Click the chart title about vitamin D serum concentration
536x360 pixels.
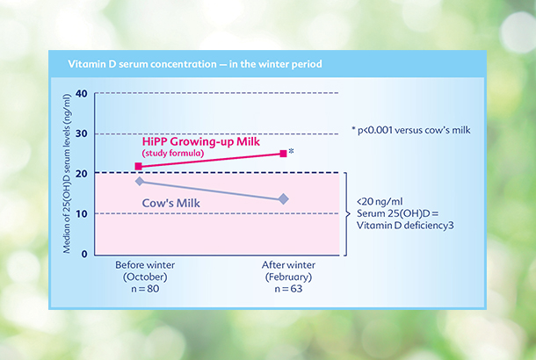195,64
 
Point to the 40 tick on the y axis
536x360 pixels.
82,93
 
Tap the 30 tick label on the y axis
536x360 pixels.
82,133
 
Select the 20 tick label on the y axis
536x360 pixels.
82,174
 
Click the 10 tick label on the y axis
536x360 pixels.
82,214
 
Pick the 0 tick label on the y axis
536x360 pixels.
84,254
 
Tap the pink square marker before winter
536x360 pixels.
139,166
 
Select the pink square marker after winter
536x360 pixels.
284,154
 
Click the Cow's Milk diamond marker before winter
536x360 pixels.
140,182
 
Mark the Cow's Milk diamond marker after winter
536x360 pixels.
284,199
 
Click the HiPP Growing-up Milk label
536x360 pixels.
201,141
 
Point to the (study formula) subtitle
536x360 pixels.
173,153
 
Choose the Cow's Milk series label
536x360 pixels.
171,203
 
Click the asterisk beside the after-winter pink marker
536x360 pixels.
291,151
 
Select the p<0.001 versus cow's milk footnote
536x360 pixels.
411,130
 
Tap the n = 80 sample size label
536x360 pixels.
145,289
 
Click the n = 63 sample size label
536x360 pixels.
288,289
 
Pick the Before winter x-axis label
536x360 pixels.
145,265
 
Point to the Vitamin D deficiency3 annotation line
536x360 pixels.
405,226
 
